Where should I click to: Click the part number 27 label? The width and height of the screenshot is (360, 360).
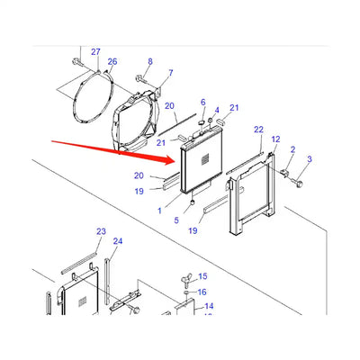tap(96, 53)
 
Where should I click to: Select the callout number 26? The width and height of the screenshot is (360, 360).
tap(112, 62)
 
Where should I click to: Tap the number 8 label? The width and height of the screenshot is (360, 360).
tap(150, 61)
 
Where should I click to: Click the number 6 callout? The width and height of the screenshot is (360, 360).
tap(202, 102)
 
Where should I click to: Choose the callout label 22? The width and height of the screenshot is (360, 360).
tap(258, 130)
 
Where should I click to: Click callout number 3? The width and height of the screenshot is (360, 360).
tap(310, 159)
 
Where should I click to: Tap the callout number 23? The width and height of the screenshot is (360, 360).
tap(101, 231)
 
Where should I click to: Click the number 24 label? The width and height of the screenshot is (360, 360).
tap(118, 241)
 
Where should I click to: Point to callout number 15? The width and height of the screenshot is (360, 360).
tap(202, 276)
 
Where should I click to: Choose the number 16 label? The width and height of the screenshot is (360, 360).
tap(202, 292)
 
